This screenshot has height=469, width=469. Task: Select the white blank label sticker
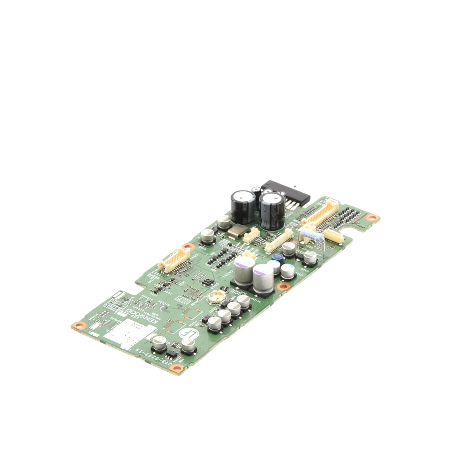coord(127,333)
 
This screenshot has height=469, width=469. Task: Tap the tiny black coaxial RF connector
coord(205,282)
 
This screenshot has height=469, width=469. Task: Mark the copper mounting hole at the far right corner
coord(373,218)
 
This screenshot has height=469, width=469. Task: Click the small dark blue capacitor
coord(278,257)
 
